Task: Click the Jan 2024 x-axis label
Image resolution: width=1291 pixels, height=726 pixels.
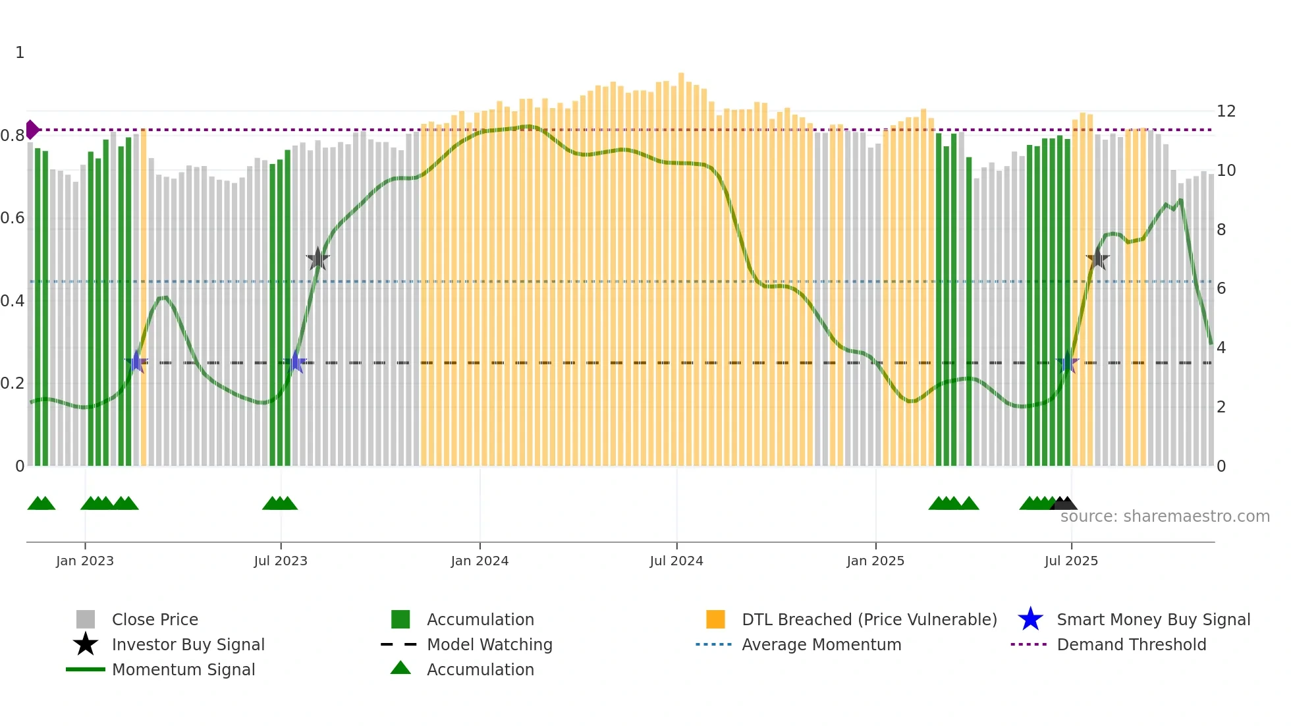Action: click(480, 561)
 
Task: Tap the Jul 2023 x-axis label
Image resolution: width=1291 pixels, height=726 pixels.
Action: click(281, 561)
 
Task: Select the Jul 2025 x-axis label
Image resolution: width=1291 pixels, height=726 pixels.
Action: click(1071, 561)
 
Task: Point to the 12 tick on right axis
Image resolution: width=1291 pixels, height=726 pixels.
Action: click(1226, 111)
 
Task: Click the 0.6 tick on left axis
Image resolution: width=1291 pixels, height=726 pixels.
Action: click(13, 218)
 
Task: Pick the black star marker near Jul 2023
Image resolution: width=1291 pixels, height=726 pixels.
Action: click(317, 259)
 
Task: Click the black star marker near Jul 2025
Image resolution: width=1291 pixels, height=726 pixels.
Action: click(1097, 259)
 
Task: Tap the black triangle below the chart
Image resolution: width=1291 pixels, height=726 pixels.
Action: click(1064, 504)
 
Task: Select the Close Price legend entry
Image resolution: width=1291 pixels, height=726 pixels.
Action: click(155, 619)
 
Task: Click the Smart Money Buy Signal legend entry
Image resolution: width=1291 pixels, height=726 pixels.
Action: click(1153, 619)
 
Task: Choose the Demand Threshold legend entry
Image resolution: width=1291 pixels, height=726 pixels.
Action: click(1131, 644)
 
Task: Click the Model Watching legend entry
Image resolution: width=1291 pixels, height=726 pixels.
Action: click(489, 644)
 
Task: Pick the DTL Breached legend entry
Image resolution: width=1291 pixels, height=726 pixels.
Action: click(869, 619)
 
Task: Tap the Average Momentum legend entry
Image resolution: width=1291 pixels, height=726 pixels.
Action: click(821, 644)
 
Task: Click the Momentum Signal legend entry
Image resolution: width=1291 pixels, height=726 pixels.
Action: click(183, 669)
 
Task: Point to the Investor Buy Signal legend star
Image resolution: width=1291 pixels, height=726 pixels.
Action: click(86, 644)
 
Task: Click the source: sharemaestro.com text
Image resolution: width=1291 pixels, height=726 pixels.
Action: click(1165, 516)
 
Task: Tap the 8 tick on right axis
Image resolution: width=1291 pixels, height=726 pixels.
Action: click(1221, 229)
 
